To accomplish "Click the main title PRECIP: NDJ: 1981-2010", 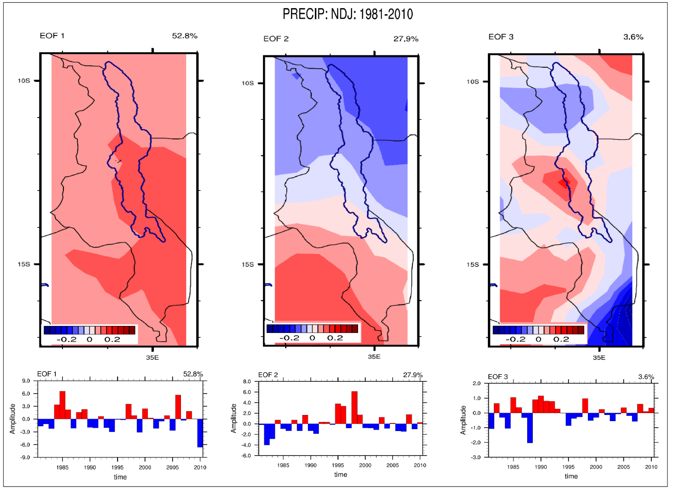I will coord(347,14).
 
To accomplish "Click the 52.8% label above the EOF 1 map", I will coord(184,36).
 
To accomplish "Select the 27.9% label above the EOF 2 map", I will coord(405,39).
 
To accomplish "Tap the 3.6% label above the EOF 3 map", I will coord(633,37).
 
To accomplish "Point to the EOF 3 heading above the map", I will coord(501,37).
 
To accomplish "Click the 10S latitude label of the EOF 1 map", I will coord(24,81).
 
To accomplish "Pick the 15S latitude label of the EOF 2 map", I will coord(248,264).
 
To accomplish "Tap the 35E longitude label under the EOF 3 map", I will coord(599,358).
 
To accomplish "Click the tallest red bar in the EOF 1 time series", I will coord(63,405).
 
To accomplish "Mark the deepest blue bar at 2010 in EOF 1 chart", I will coord(200,433).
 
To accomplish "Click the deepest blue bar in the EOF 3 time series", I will coord(530,428).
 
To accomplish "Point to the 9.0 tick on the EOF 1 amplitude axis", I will coord(26,381).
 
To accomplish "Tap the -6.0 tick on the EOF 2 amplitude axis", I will coord(246,456).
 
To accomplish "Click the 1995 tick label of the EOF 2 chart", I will coord(338,465).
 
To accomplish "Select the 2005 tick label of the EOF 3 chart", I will coord(623,467).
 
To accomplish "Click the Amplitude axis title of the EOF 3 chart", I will coord(463,420).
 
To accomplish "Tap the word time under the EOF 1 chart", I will coord(120,477).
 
